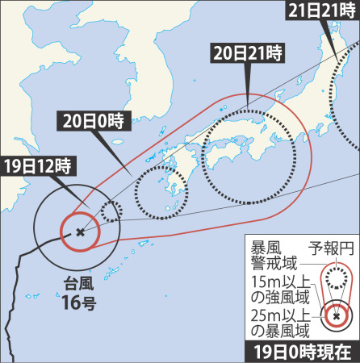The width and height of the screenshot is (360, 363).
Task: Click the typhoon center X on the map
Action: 79,232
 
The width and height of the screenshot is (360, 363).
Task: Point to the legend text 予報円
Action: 330,247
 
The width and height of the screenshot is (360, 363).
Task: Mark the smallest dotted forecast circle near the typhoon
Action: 112,211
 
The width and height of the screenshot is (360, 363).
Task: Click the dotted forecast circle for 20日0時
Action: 160,193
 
